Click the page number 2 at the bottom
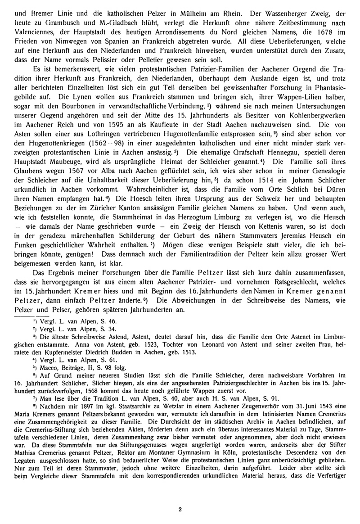click(180, 510)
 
